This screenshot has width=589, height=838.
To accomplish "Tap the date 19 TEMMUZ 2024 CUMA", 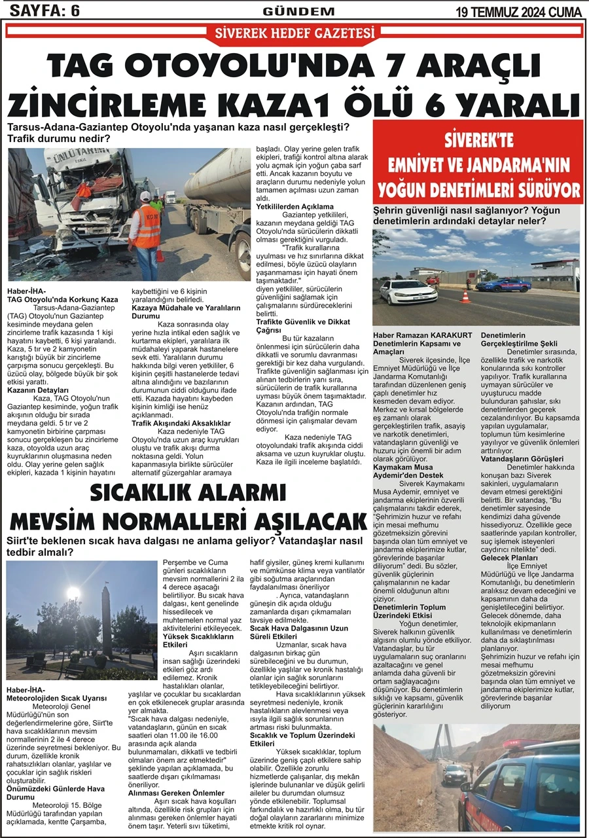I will tap(519, 10).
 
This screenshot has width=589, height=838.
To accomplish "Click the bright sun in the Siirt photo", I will tap(73, 593).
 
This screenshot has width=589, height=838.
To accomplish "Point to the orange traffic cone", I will tap(465, 297).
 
